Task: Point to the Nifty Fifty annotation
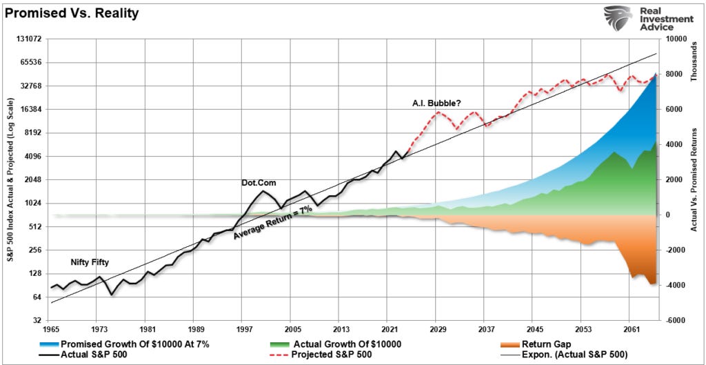click(x=90, y=263)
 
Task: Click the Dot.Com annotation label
click(x=259, y=183)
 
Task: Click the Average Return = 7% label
click(x=273, y=222)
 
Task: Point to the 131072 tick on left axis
click(x=28, y=39)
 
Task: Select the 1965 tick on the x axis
click(x=51, y=330)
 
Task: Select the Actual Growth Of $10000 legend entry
click(x=349, y=343)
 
